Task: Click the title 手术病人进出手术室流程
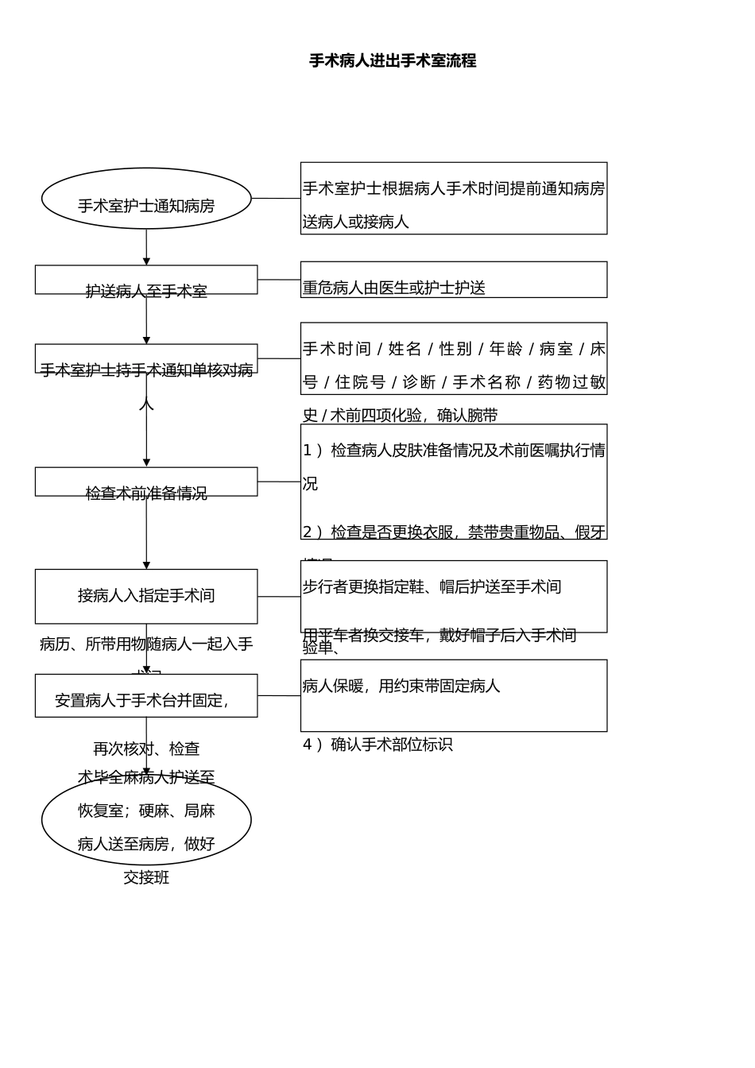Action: pyautogui.click(x=393, y=61)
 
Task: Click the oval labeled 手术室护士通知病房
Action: pyautogui.click(x=146, y=199)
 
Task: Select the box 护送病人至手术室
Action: pyautogui.click(x=146, y=281)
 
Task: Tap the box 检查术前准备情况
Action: pyautogui.click(x=146, y=482)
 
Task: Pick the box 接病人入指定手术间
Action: pyautogui.click(x=146, y=596)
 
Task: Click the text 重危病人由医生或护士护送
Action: pyautogui.click(x=394, y=288)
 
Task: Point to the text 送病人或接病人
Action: pyautogui.click(x=356, y=222)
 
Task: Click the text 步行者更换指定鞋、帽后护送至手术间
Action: pyautogui.click(x=432, y=587)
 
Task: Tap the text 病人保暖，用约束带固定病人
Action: pyautogui.click(x=401, y=686)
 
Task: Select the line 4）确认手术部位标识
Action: pyautogui.click(x=377, y=745)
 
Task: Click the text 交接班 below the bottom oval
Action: pyautogui.click(x=146, y=878)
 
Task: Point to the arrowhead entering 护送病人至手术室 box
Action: pyautogui.click(x=146, y=261)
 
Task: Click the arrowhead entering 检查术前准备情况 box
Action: pyautogui.click(x=146, y=462)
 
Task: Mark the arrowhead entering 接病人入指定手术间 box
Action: pyautogui.click(x=146, y=565)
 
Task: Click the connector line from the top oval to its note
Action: pyautogui.click(x=276, y=199)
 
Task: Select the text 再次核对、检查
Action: pyautogui.click(x=146, y=749)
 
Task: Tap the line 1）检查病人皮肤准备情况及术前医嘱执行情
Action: pyautogui.click(x=454, y=451)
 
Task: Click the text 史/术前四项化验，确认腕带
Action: pyautogui.click(x=400, y=416)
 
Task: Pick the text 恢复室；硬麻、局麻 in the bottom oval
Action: pyautogui.click(x=146, y=811)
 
